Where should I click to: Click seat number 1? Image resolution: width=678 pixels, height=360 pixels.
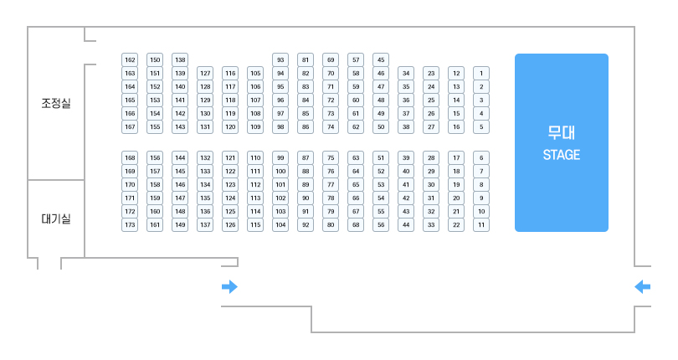(481, 73)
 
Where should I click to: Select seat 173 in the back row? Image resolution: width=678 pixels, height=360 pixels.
(130, 225)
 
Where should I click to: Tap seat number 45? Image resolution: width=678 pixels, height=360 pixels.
(381, 59)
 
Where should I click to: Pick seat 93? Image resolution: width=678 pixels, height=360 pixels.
(280, 59)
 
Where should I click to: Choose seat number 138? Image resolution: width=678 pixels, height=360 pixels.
(180, 59)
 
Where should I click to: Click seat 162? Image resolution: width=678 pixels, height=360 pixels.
(130, 59)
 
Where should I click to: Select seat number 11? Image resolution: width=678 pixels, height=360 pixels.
(481, 225)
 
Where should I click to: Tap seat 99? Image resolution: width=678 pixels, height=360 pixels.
(280, 157)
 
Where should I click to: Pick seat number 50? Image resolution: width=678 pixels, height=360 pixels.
(381, 126)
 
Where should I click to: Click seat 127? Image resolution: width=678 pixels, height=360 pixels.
(205, 73)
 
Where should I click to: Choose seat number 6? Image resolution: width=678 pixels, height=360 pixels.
(481, 157)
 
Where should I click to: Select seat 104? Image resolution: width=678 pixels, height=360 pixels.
(280, 225)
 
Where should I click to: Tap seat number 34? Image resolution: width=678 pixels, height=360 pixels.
(406, 73)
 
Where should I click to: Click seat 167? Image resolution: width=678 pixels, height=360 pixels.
(130, 126)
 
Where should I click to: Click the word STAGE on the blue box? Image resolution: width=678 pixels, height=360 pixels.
(561, 155)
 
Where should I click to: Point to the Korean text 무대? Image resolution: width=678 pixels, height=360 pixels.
(561, 133)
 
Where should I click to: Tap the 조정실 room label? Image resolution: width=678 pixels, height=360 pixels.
(56, 104)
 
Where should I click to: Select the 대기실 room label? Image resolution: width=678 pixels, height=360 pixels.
(56, 219)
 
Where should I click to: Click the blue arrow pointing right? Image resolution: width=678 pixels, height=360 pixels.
(229, 287)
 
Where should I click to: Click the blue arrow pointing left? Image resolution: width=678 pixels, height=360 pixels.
(642, 287)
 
